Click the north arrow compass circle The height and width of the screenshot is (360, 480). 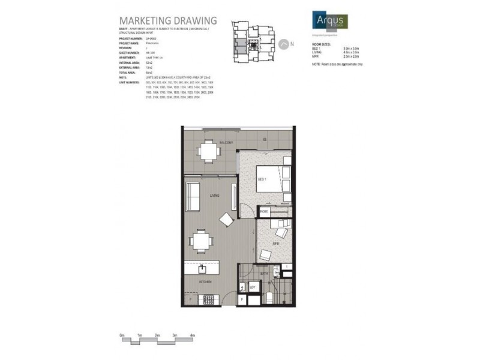tap(282, 44)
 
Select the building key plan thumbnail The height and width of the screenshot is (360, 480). tap(250, 40)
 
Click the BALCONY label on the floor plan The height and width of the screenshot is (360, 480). tap(209, 143)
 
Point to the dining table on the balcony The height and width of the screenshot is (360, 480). tap(209, 151)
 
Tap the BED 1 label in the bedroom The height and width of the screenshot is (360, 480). tap(262, 179)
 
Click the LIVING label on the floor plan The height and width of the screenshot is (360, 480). tap(214, 196)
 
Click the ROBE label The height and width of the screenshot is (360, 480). tap(263, 211)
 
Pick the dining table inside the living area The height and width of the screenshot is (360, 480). tap(201, 241)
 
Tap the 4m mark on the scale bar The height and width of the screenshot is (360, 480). tap(192, 334)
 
